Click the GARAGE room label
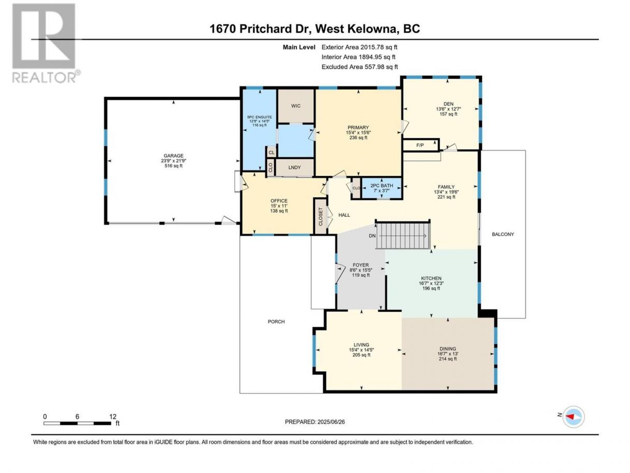click(174, 156)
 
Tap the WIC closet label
click(296, 106)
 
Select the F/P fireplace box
click(421, 145)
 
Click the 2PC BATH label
click(381, 186)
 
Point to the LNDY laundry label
click(294, 168)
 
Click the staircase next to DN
click(403, 235)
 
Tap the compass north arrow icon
click(574, 416)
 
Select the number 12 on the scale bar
click(113, 416)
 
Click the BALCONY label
click(503, 234)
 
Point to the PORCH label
click(276, 322)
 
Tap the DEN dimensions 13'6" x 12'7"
click(448, 109)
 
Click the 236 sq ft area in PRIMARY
click(358, 137)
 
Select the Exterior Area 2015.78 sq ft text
click(360, 47)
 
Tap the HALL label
click(344, 215)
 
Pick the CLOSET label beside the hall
click(321, 217)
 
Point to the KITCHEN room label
click(431, 279)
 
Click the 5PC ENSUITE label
click(260, 117)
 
